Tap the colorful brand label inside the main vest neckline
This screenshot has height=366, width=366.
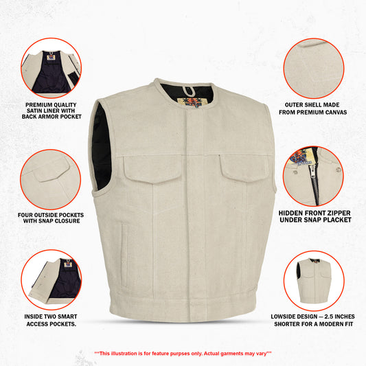pos(190,102)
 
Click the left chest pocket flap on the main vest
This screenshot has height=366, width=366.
pos(152,169)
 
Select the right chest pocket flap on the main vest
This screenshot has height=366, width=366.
pos(244,168)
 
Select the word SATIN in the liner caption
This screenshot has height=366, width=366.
pos(34,111)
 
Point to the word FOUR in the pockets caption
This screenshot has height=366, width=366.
pos(25,215)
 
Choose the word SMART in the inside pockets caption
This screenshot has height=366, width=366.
pos(67,317)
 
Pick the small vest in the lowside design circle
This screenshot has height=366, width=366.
pos(314,281)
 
